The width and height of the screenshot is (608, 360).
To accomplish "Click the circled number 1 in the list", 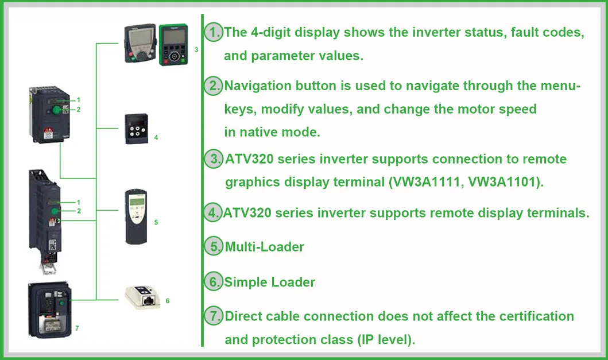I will (214, 32).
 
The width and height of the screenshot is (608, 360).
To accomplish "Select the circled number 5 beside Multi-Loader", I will (214, 247).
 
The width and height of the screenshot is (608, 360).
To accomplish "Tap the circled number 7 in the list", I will (214, 316).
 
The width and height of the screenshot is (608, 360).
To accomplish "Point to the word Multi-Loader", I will (264, 247).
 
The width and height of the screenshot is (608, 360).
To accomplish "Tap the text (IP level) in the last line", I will (386, 339).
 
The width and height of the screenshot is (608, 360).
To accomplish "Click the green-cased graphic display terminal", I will (173, 44).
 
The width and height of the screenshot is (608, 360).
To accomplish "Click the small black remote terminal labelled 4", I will (137, 129).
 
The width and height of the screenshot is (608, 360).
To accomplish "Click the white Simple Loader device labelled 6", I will (144, 295).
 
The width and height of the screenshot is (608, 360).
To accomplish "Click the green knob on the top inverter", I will (57, 109).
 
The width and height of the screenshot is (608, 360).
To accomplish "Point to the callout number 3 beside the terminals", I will (196, 50).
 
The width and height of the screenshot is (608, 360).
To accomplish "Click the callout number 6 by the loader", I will (167, 300).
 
